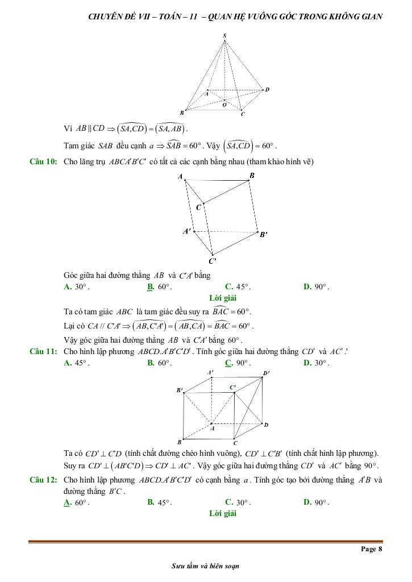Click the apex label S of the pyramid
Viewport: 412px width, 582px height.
click(x=225, y=36)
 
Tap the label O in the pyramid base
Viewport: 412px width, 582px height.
click(x=224, y=105)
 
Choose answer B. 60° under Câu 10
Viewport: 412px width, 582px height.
click(x=159, y=287)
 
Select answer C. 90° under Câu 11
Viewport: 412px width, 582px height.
click(x=238, y=363)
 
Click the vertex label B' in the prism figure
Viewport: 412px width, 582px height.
click(x=264, y=234)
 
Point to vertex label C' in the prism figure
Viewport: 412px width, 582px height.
click(x=213, y=261)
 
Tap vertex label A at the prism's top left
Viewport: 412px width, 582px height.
click(x=180, y=177)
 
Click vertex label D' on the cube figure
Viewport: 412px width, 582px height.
click(x=266, y=373)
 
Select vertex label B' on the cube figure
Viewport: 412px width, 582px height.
click(x=180, y=390)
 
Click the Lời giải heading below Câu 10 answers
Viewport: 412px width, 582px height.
click(x=223, y=298)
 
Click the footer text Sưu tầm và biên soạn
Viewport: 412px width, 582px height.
click(x=206, y=566)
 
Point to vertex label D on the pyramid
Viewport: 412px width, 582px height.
click(x=267, y=89)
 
